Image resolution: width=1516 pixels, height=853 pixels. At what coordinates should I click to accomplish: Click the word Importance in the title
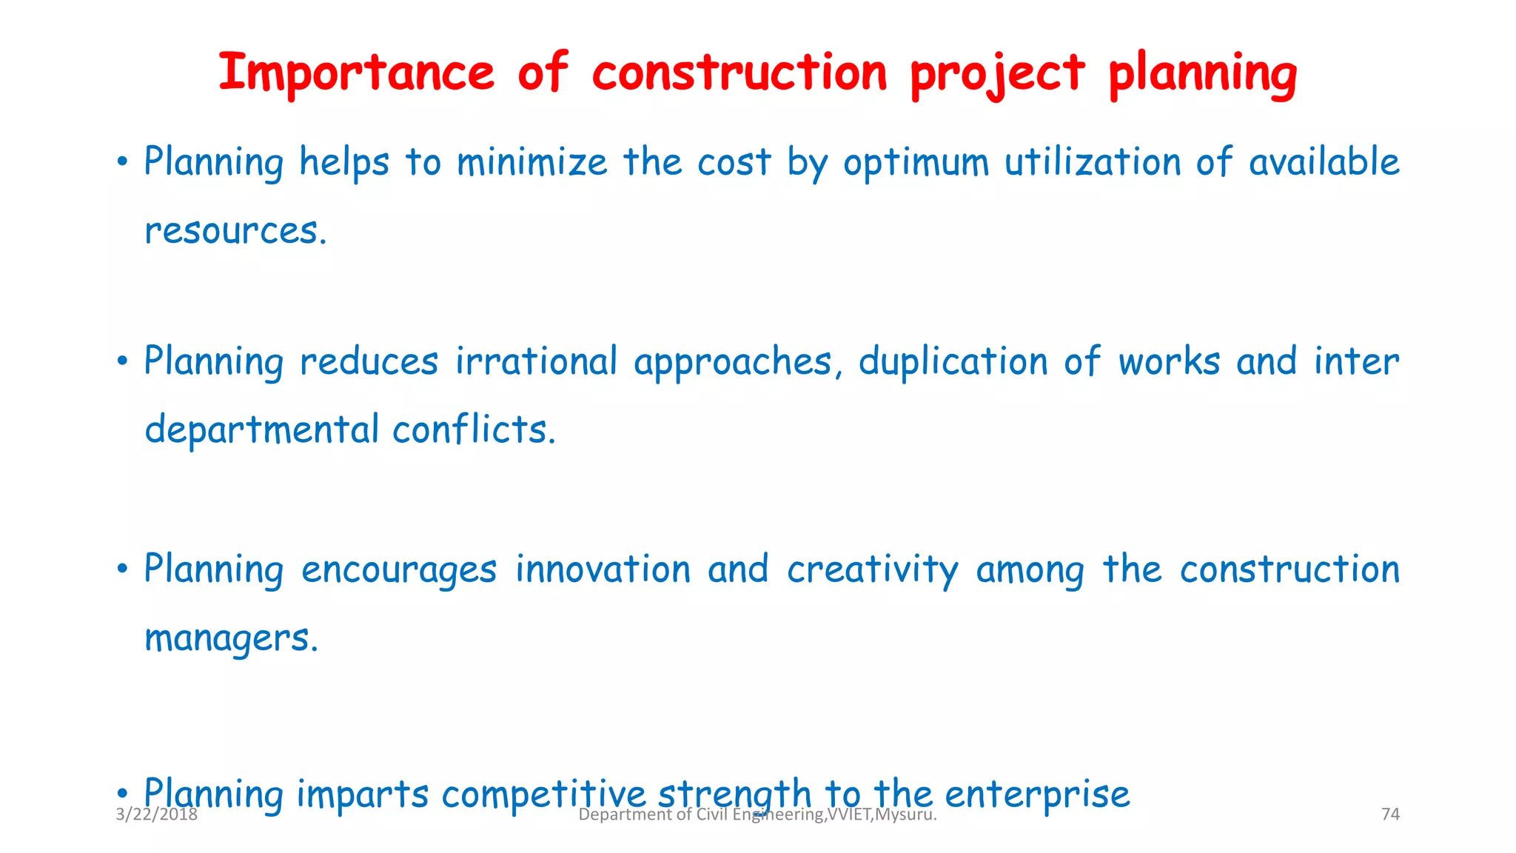tap(356, 73)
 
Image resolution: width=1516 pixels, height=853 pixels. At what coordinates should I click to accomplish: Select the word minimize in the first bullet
tap(531, 162)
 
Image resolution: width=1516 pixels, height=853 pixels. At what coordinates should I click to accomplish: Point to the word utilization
tap(1092, 162)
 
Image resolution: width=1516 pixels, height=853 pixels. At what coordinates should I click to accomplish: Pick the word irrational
tap(536, 361)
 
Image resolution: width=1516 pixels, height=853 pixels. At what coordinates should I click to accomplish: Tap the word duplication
tap(953, 362)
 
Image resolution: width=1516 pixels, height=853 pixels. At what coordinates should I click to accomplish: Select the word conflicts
tap(474, 429)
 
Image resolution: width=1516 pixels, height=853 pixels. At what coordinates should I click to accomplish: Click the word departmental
tap(262, 430)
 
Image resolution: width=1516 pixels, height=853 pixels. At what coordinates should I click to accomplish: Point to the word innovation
tap(603, 569)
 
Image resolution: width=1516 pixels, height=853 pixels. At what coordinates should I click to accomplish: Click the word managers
tap(231, 638)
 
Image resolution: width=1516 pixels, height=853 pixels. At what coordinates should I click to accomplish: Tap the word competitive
tap(543, 795)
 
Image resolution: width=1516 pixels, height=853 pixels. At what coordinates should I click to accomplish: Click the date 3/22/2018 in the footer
tap(157, 814)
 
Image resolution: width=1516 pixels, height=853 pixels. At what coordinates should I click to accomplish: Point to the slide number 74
tap(1390, 814)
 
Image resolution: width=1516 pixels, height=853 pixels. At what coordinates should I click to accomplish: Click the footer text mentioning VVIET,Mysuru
tap(757, 815)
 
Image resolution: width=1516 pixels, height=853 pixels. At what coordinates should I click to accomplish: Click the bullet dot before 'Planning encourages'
tap(123, 569)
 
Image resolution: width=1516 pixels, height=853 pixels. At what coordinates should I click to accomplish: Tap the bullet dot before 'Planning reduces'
tap(123, 362)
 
